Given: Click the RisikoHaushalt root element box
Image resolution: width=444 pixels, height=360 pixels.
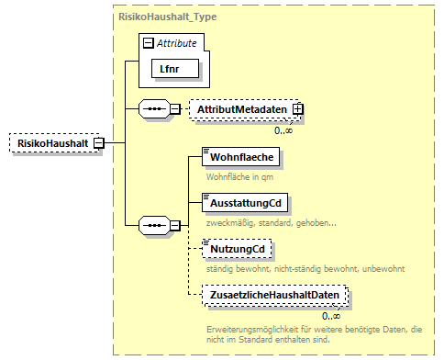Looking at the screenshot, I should pyautogui.click(x=51, y=143).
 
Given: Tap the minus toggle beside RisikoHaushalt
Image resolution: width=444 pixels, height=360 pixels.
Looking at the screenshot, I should pyautogui.click(x=98, y=143).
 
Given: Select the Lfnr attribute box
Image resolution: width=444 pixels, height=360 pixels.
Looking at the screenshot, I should pyautogui.click(x=169, y=68).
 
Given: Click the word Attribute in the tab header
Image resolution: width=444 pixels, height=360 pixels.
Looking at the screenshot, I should pyautogui.click(x=179, y=42).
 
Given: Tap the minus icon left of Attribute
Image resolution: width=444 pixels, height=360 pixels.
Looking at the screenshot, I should pyautogui.click(x=147, y=42).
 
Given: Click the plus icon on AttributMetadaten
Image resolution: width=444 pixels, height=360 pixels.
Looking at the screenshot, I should pyautogui.click(x=298, y=109).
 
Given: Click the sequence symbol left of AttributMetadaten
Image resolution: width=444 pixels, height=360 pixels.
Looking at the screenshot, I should pyautogui.click(x=151, y=109).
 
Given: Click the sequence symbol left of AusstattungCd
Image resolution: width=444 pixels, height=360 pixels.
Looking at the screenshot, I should pyautogui.click(x=151, y=224).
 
